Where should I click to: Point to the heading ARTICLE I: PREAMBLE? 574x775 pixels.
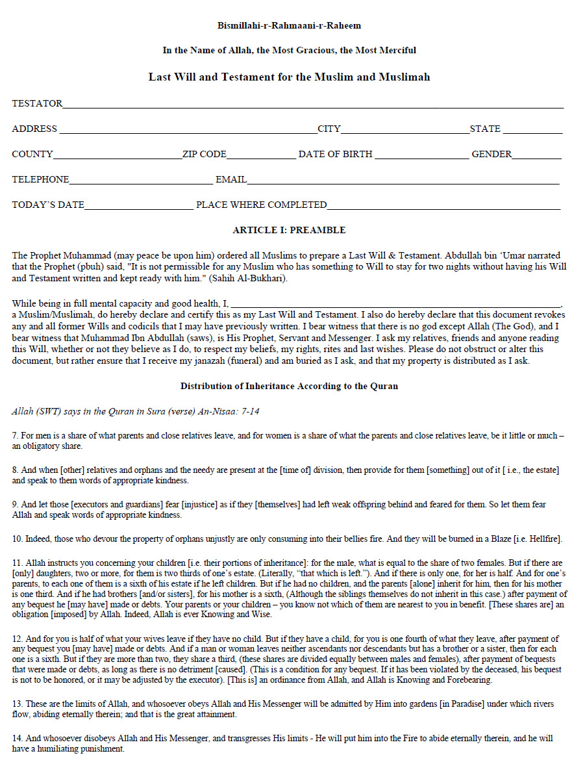point(289,230)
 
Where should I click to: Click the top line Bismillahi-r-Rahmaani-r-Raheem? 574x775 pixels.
point(289,26)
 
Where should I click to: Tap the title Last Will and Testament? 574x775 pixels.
point(289,77)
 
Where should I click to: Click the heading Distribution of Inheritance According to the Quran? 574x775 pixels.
point(289,386)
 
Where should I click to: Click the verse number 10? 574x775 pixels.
point(16,539)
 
